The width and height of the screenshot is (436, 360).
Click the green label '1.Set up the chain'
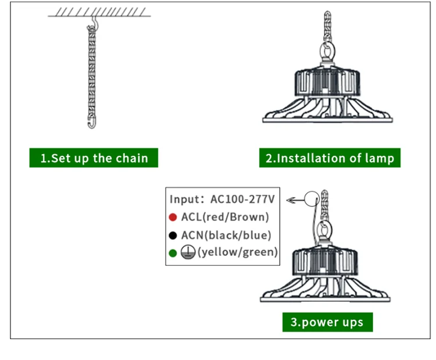[x=94, y=158]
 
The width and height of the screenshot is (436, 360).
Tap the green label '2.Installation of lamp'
[x=330, y=158]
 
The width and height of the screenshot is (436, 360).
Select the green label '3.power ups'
[x=327, y=322]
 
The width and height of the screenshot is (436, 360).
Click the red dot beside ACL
[x=173, y=218]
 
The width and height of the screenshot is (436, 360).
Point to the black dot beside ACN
[x=173, y=236]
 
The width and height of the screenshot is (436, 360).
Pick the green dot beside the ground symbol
[x=173, y=253]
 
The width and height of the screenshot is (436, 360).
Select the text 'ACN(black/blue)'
[x=226, y=236]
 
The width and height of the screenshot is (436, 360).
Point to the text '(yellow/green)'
[x=237, y=252]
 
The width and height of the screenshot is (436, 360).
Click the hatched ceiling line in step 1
[x=99, y=12]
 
